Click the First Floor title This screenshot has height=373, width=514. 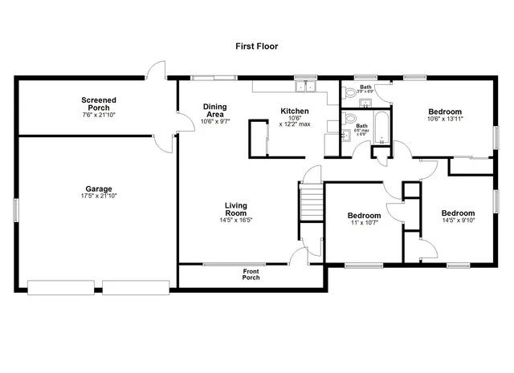point(256,47)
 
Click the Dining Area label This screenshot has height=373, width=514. point(214,110)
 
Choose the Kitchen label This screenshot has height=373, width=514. point(294,111)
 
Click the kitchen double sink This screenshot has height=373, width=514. point(305,85)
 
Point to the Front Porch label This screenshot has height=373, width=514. point(251,274)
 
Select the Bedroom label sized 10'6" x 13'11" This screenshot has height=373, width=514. point(444,111)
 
